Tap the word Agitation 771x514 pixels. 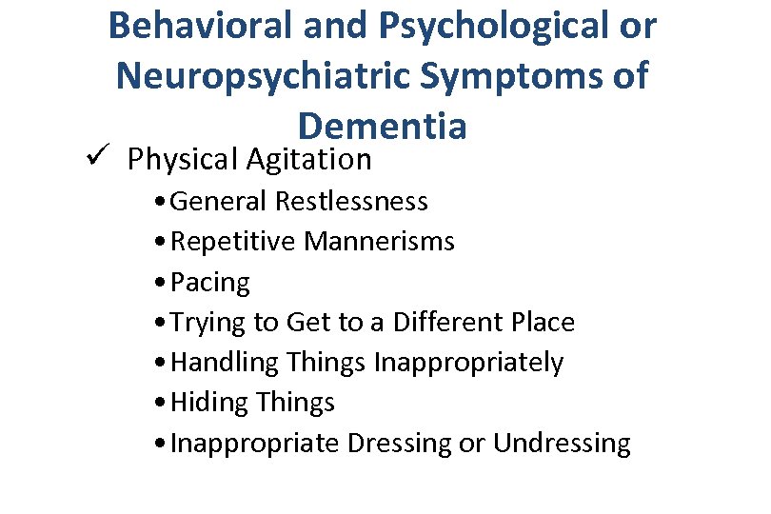click(x=308, y=160)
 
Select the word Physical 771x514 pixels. click(x=182, y=160)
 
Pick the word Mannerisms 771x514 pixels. click(x=379, y=242)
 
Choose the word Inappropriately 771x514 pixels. click(x=468, y=363)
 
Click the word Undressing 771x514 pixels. click(x=562, y=444)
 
